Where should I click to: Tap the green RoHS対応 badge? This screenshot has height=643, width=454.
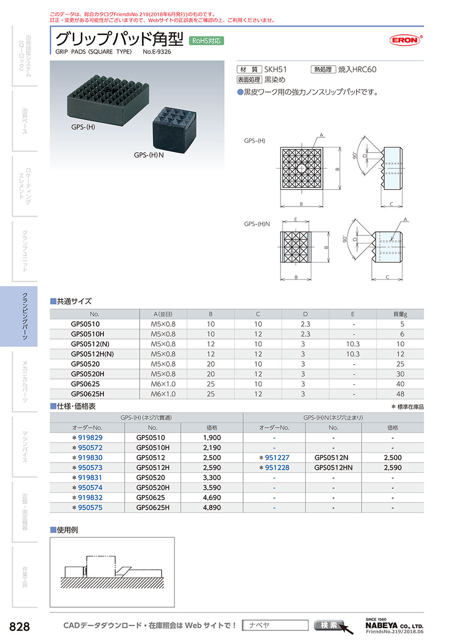206,41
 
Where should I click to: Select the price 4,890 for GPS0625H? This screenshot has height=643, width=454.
211,507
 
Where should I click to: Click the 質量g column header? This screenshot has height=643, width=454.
400,314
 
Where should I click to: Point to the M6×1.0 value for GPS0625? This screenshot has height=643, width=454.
163,384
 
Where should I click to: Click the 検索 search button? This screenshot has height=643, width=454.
328,625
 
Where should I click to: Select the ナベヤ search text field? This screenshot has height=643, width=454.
275,625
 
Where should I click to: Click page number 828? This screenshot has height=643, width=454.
20,627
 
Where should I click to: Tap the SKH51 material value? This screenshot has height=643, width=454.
276,70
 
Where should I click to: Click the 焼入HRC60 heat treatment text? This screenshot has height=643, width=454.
357,70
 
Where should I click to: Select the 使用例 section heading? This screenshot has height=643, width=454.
68,530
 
